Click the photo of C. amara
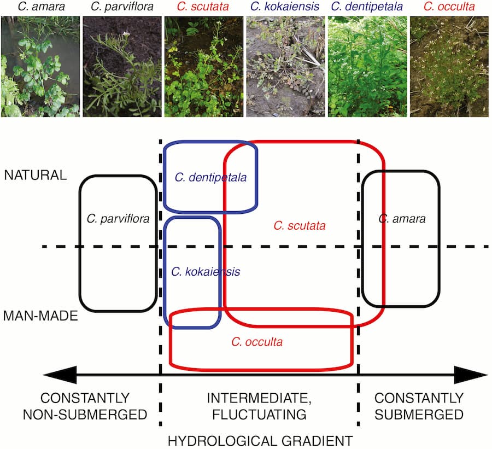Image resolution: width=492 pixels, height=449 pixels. pyautogui.click(x=40, y=66)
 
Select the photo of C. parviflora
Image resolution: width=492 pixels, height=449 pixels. pyautogui.click(x=122, y=66)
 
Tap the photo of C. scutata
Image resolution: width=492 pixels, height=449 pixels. pyautogui.click(x=203, y=66)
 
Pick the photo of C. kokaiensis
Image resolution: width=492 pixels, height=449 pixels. pyautogui.click(x=285, y=66)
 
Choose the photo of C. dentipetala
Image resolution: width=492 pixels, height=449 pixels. pyautogui.click(x=367, y=66)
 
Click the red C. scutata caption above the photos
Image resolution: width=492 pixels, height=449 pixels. pyautogui.click(x=203, y=7)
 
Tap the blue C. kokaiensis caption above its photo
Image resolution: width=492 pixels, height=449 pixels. pyautogui.click(x=285, y=7)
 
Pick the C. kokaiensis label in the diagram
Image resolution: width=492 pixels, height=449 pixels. pyautogui.click(x=206, y=271)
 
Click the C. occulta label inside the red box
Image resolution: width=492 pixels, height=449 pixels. pyautogui.click(x=257, y=342)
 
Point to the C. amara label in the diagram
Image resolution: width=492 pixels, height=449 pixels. pyautogui.click(x=401, y=219)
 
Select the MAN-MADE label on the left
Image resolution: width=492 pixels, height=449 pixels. pyautogui.click(x=41, y=316)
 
